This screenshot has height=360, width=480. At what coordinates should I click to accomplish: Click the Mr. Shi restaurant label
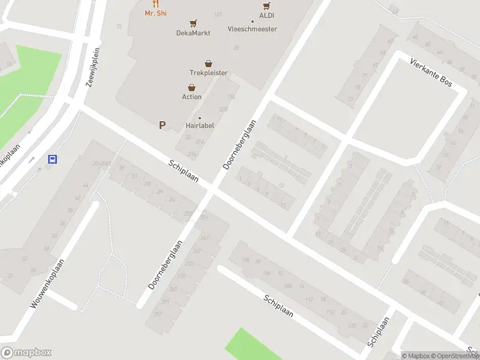tap(155, 13)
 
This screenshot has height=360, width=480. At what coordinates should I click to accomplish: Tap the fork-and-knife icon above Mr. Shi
tap(156, 4)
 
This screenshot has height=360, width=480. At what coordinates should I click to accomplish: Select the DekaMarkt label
tap(193, 33)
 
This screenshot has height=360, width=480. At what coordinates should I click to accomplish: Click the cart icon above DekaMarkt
tap(193, 23)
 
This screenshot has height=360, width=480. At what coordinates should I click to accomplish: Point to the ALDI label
tap(267, 16)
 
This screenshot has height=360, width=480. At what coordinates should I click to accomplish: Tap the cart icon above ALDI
tap(267, 6)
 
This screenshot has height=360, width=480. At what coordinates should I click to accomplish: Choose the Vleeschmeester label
tap(253, 29)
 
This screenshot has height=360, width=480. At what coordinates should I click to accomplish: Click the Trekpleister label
tap(209, 73)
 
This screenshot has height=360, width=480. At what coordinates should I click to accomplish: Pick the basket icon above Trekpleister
tap(209, 63)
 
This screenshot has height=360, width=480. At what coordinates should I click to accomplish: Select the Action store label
tap(192, 97)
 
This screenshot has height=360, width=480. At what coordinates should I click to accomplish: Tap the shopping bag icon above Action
tap(192, 87)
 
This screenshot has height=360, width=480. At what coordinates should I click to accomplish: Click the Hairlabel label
tap(200, 125)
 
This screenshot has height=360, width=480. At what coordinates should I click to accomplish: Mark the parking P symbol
tap(161, 125)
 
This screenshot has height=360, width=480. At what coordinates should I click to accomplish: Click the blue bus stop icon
tap(52, 160)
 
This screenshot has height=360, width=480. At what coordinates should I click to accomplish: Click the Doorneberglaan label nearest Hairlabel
tap(240, 144)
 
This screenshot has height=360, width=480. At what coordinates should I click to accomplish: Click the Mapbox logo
tap(26, 353)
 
